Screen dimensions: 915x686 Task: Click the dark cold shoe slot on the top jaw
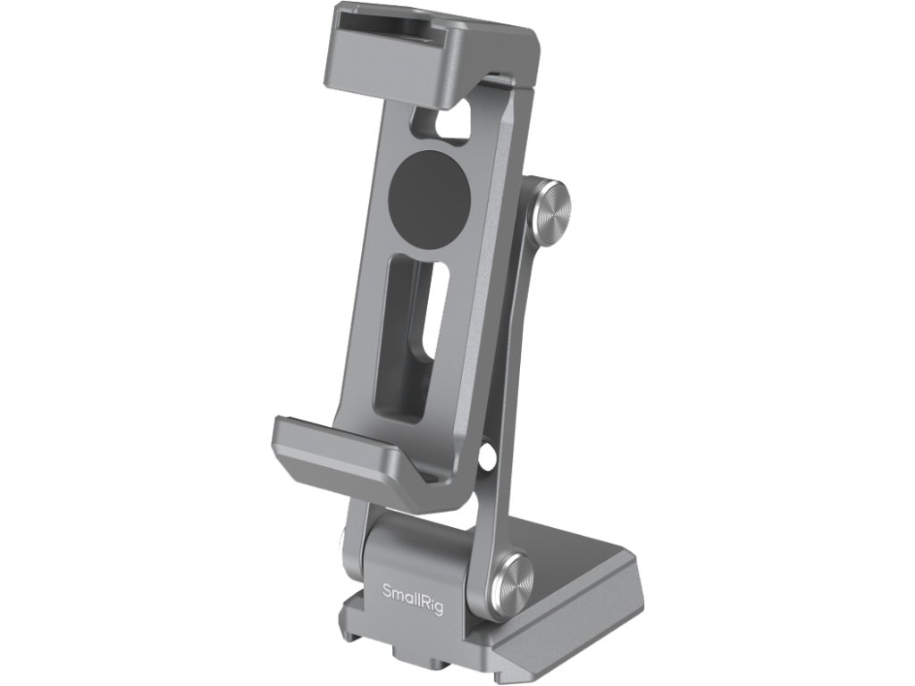coord(382,22)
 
